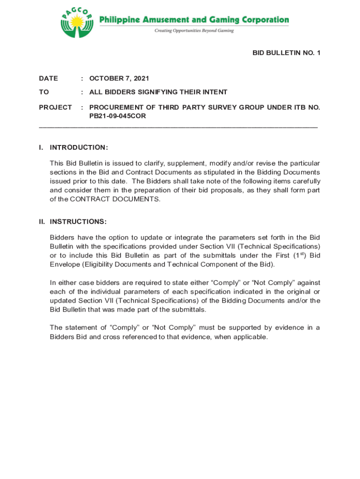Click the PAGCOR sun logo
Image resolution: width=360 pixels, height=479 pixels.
coord(77,22)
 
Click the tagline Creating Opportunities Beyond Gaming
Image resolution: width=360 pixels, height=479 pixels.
coord(194,31)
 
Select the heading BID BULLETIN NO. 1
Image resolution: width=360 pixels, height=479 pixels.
coord(286,53)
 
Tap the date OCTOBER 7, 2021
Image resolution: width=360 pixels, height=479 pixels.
coord(119,78)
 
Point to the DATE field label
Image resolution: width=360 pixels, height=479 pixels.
coord(49,78)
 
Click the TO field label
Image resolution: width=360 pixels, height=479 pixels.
coord(44,92)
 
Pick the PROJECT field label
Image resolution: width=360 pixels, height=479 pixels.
coord(55,107)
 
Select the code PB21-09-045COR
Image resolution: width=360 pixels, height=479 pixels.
coord(117,116)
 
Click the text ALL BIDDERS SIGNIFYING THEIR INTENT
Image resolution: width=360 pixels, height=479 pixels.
coord(158,92)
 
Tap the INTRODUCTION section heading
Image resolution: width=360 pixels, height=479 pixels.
coord(79,147)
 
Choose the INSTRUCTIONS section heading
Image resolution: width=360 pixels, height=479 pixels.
coord(78,221)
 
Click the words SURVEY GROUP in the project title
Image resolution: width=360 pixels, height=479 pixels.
coord(212,107)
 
